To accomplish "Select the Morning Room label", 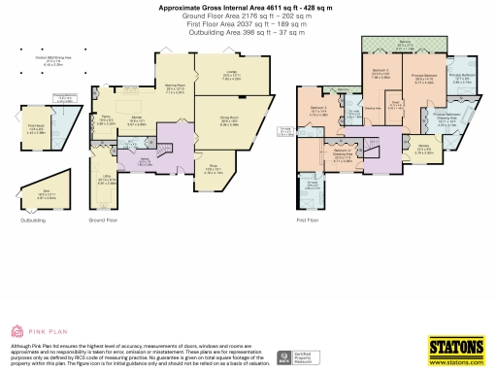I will pyautogui.click(x=175, y=88).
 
